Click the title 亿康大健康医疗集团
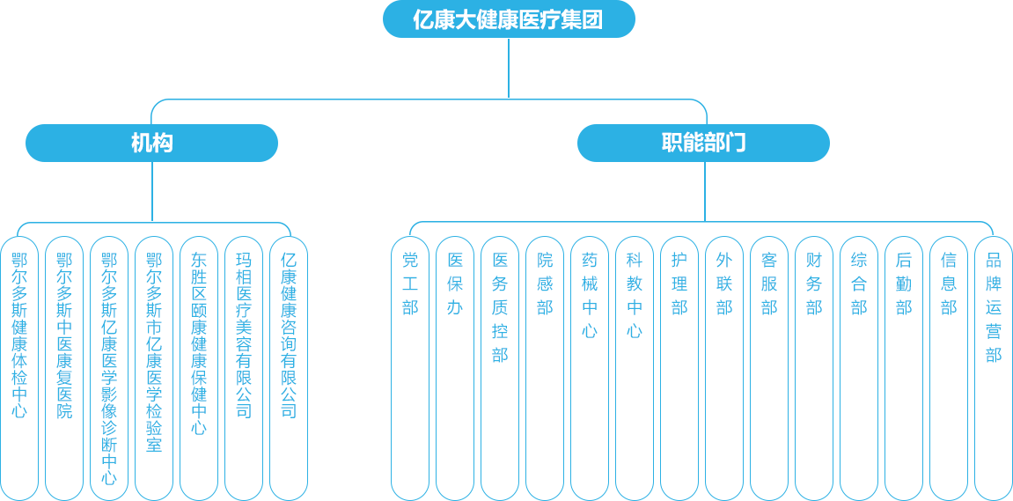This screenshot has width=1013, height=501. [x=508, y=19]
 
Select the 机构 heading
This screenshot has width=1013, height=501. [x=151, y=143]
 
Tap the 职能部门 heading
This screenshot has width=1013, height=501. [x=703, y=143]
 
